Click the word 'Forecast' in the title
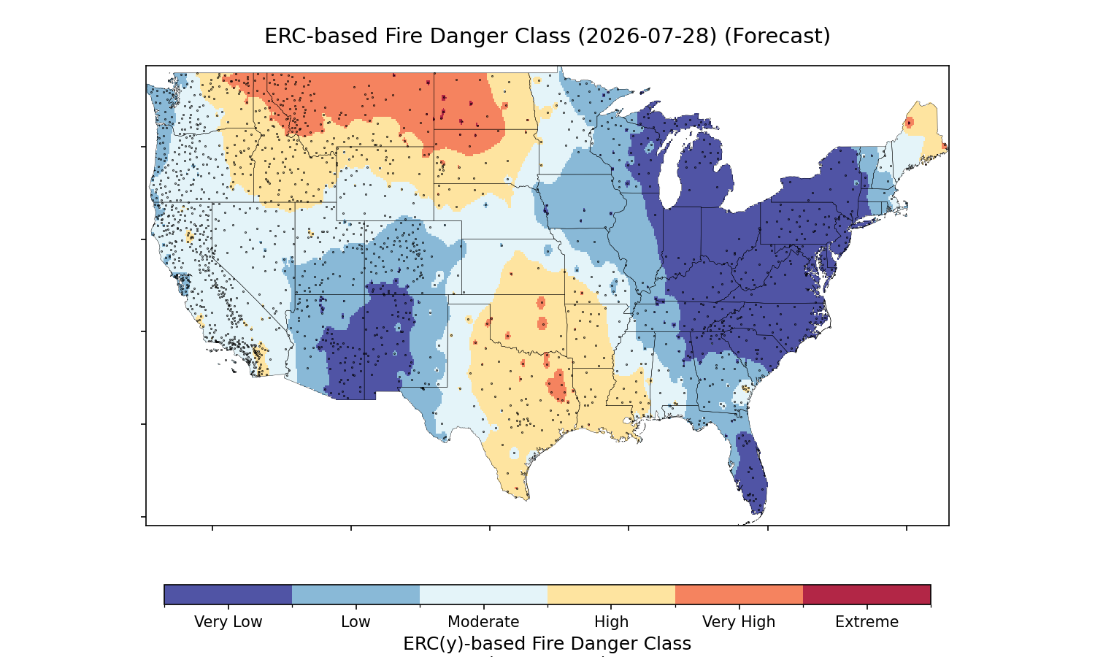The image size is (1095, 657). point(777,36)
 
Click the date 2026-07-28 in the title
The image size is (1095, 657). point(648,36)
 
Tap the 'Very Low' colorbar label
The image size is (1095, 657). point(228,622)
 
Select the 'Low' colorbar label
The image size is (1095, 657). point(356,622)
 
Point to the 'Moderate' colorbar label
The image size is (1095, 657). point(483,622)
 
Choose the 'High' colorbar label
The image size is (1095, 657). point(612,622)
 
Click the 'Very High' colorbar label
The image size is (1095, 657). point(739,622)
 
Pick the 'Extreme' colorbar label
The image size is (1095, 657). point(867,622)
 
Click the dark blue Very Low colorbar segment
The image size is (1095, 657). point(228,594)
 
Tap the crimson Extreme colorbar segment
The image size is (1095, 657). point(867,594)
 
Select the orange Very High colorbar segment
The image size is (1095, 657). point(739,594)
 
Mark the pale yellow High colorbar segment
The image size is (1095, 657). point(612,594)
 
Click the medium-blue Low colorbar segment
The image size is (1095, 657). point(356,594)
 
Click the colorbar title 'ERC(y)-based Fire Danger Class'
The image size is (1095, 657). point(547,644)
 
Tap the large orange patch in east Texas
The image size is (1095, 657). point(557,385)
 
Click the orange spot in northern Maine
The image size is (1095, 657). point(910,122)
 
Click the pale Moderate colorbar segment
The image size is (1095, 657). point(483,594)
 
